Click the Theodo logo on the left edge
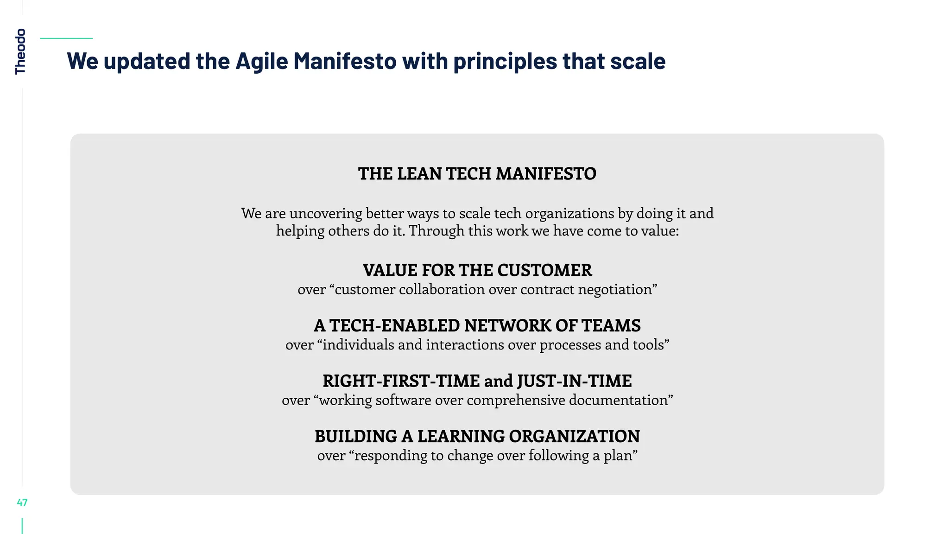[x=20, y=51]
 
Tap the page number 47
[x=22, y=502]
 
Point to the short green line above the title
[x=66, y=38]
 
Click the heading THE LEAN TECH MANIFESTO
[x=477, y=174]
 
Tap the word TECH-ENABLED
[x=394, y=326]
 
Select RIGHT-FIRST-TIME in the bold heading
[x=401, y=381]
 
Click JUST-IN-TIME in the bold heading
[x=574, y=381]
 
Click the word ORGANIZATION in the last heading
[x=574, y=437]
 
